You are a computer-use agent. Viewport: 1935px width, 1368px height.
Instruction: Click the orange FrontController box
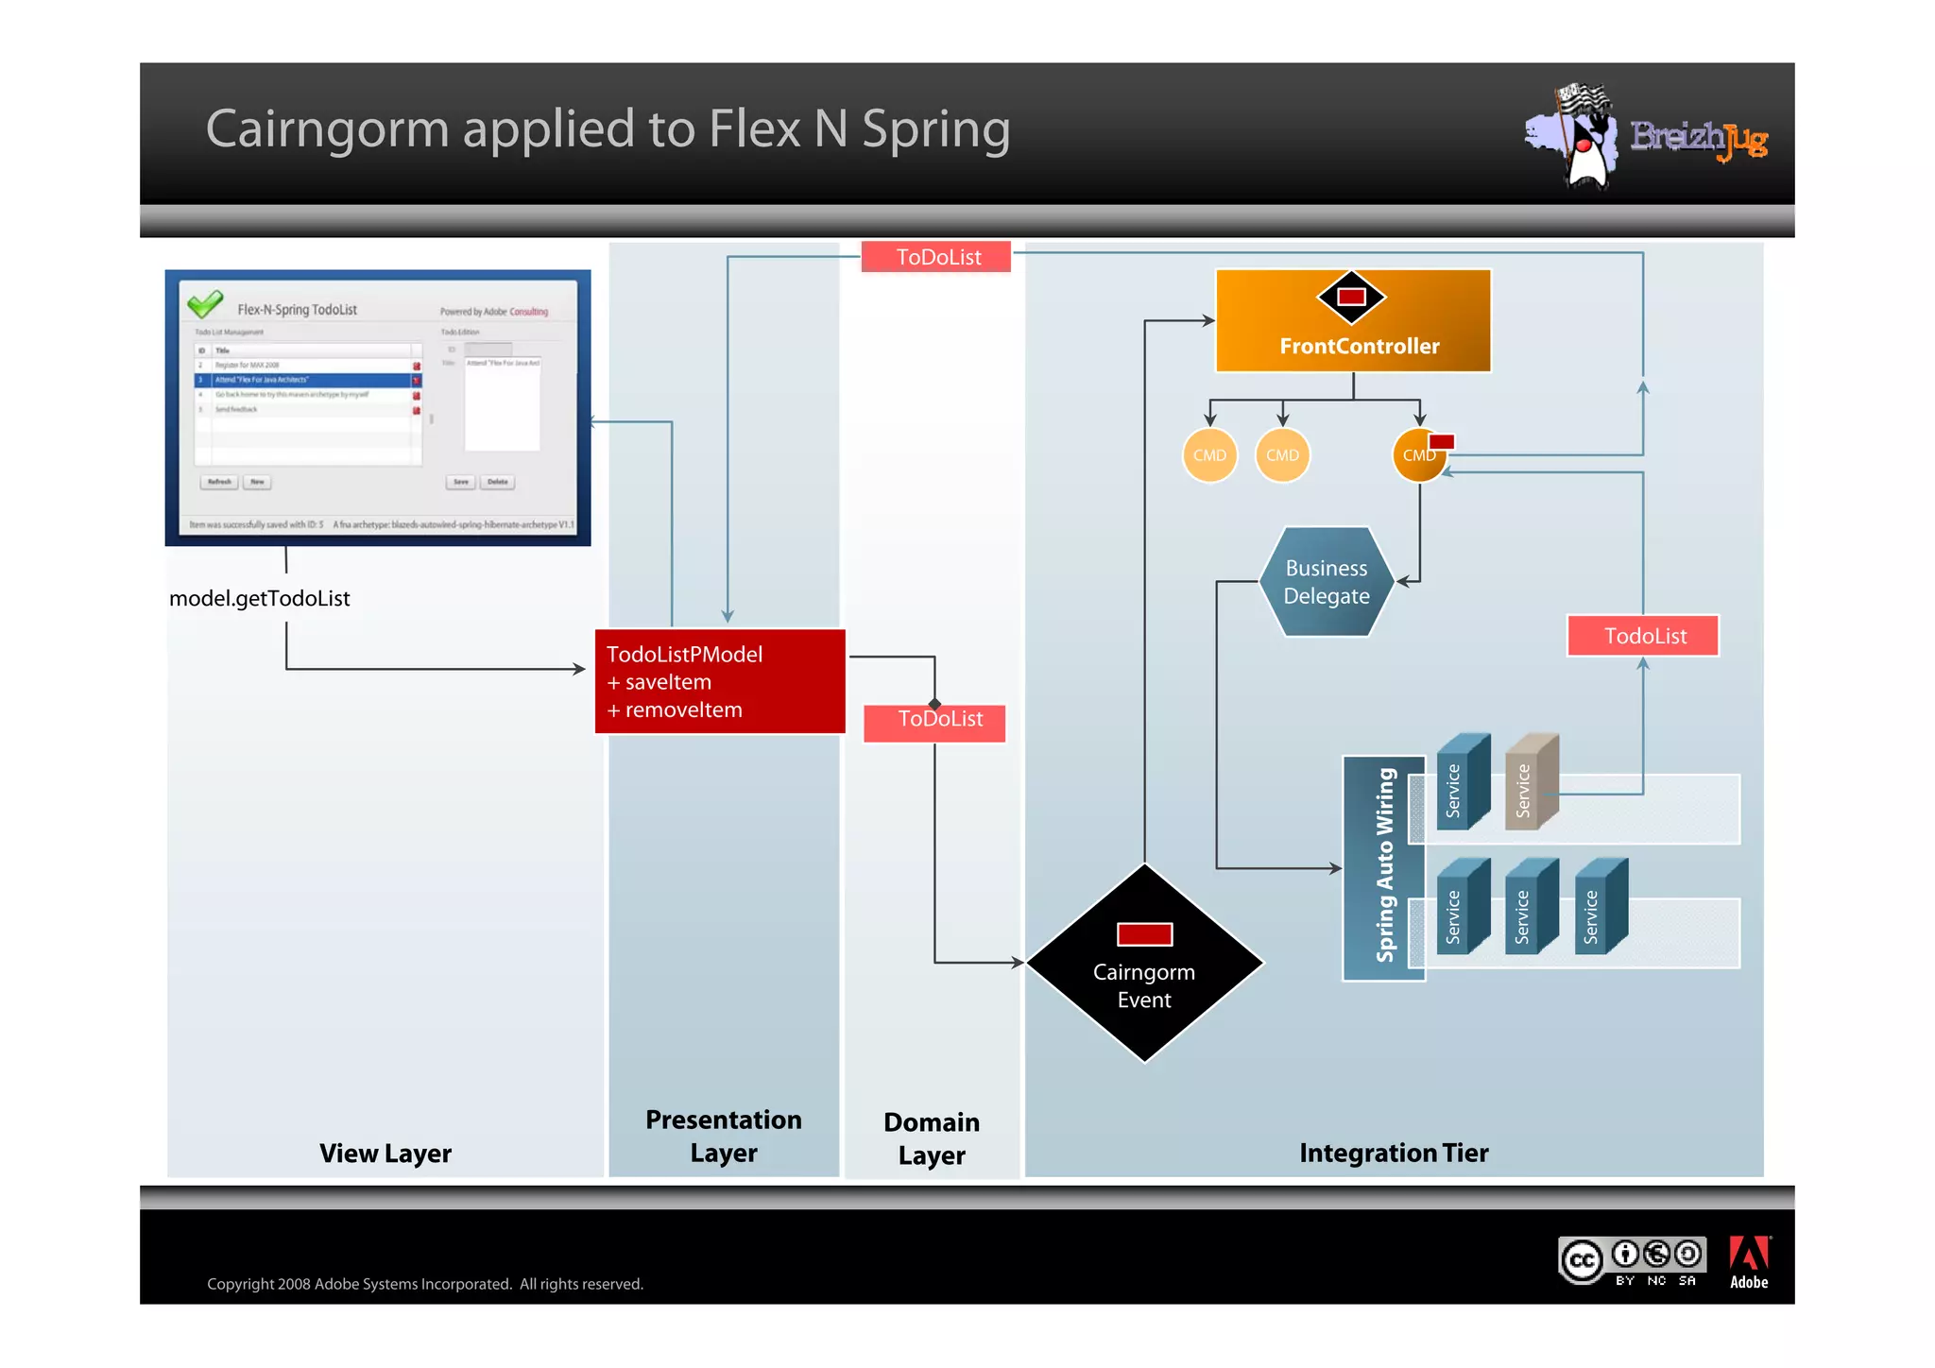(x=1352, y=321)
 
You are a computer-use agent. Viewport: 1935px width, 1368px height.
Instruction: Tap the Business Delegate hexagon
(x=1326, y=582)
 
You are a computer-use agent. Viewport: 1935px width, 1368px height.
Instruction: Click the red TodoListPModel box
(x=719, y=681)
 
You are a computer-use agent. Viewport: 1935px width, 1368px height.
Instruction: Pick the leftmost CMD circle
(x=1209, y=455)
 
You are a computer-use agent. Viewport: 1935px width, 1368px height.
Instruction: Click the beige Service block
(x=1530, y=782)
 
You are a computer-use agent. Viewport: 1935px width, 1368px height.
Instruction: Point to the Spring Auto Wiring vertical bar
(x=1384, y=866)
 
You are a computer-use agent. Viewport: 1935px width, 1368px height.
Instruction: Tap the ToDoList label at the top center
(x=936, y=257)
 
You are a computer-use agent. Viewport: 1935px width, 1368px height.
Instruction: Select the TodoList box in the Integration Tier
(x=1642, y=636)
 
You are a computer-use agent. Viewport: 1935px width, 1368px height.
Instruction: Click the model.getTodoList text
(x=260, y=599)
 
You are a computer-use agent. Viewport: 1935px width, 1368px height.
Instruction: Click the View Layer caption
(x=385, y=1154)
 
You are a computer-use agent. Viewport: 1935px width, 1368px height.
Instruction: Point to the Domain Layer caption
(x=932, y=1138)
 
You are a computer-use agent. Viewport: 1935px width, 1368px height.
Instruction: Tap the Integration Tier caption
(x=1393, y=1154)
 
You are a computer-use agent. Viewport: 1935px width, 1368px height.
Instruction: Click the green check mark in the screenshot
(x=205, y=304)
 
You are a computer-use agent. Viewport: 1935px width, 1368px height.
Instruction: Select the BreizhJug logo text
(x=1698, y=139)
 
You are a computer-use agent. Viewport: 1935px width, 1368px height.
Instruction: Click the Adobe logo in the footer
(x=1748, y=1262)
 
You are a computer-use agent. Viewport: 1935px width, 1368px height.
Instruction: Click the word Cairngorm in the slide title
(x=327, y=129)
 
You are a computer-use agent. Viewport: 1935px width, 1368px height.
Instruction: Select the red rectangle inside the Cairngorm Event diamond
(x=1144, y=934)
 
